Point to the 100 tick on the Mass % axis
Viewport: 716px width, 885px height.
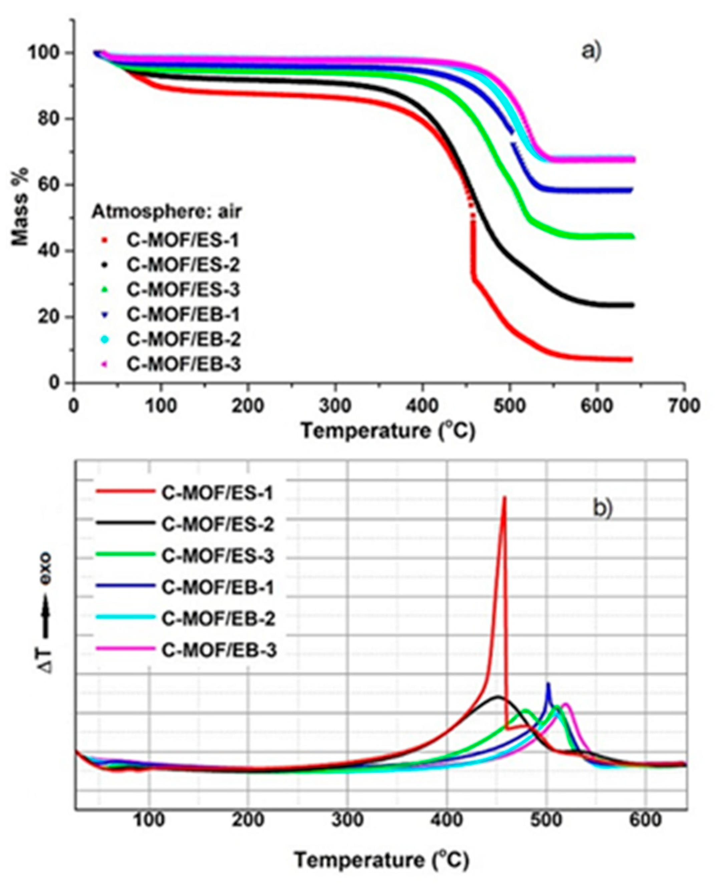(x=45, y=53)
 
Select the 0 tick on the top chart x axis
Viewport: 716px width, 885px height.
(x=74, y=405)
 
